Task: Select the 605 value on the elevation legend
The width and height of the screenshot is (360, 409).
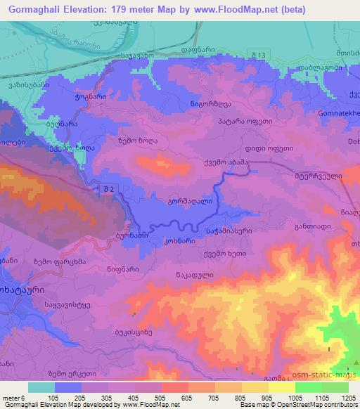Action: (x=186, y=397)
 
